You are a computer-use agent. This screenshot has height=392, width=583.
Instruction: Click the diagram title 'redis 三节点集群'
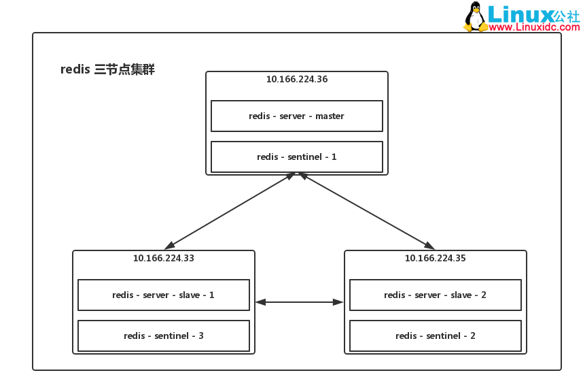coord(107,69)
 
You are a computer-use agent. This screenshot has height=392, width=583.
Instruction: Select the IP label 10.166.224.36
coord(297,79)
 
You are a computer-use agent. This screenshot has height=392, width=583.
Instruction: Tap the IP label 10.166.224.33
coord(164,258)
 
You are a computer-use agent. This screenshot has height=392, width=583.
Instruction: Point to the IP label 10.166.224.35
coord(436,258)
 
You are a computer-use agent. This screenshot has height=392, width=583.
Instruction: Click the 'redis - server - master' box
coord(297,116)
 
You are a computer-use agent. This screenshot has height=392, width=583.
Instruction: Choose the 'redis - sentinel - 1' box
coord(297,157)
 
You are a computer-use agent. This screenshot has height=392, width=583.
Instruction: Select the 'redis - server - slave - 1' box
coord(164,295)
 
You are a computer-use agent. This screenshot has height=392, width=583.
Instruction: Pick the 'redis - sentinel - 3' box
coord(164,336)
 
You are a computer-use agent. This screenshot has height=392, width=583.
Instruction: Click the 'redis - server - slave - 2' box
coord(436,295)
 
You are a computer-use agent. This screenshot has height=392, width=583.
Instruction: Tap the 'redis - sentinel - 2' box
coord(436,336)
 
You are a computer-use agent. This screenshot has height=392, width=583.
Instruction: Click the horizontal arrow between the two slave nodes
coord(300,302)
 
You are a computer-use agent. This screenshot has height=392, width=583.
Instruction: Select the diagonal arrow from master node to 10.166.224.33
coord(230,211)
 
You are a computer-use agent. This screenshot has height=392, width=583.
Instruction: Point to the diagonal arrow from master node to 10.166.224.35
coord(367,211)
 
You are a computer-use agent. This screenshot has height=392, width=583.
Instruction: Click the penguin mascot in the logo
coord(475,17)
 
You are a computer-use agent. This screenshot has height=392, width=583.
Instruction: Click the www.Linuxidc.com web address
coord(534,27)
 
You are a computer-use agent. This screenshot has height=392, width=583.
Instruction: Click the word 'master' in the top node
coord(330,116)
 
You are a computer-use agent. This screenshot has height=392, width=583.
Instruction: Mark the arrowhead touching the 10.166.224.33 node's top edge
coord(169,246)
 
